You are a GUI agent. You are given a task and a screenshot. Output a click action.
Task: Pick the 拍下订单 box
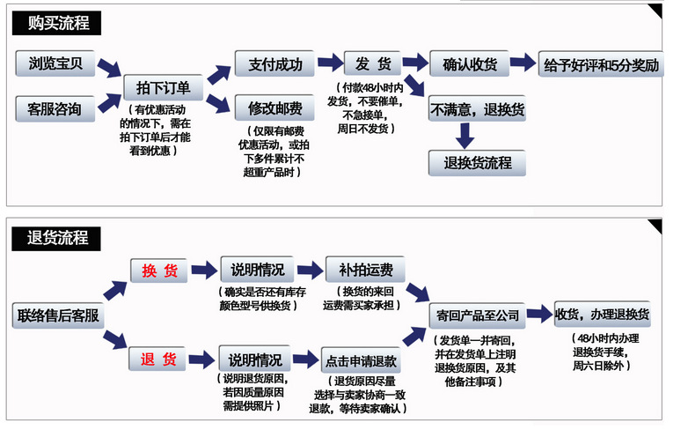coord(164,88)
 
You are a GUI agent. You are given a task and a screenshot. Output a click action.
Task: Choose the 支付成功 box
coord(274,63)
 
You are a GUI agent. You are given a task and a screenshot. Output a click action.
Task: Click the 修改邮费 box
coord(274,109)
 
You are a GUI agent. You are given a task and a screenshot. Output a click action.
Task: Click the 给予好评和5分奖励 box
coord(601,65)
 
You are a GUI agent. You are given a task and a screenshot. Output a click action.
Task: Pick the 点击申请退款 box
coord(361,360)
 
